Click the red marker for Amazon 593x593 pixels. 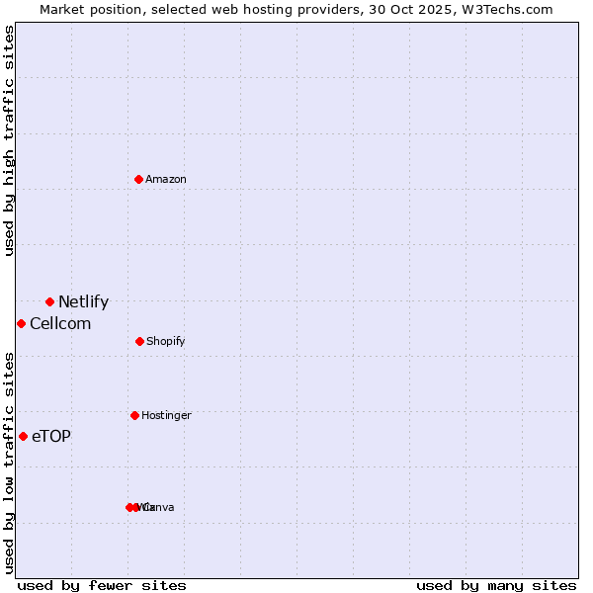point(139,179)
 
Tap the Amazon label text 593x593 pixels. point(166,179)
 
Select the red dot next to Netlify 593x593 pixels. point(49,301)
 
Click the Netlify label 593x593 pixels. point(83,302)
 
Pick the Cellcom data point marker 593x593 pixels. point(21,323)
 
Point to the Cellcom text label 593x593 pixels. point(60,324)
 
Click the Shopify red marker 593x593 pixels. point(139,341)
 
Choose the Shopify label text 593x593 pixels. point(166,341)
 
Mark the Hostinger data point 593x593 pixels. point(134,415)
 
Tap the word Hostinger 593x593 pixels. point(166,415)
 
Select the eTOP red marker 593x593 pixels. point(23,436)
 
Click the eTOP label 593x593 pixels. point(51,437)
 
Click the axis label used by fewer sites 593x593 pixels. point(102,585)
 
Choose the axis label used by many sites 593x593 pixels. point(496,585)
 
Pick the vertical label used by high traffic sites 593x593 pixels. point(9,140)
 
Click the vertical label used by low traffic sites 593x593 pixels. point(9,463)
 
